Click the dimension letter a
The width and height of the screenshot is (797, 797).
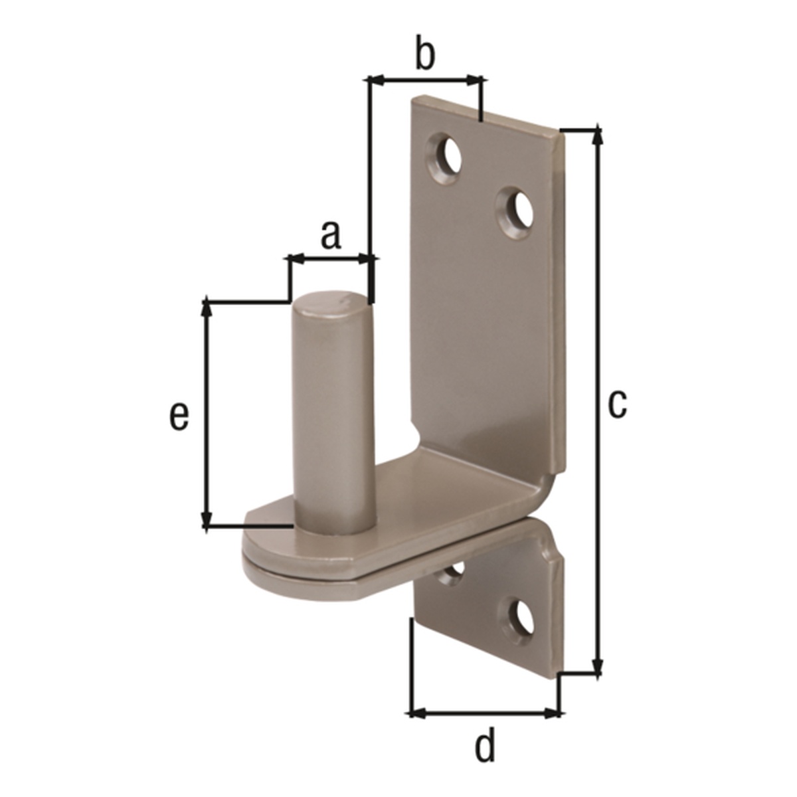click(330, 235)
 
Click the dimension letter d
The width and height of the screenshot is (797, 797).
click(486, 747)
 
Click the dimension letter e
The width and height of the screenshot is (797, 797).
click(178, 416)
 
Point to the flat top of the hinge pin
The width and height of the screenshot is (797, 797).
click(329, 303)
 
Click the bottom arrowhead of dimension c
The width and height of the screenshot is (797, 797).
click(598, 666)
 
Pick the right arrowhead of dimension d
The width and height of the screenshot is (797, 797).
click(551, 713)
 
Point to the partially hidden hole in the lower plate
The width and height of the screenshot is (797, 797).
click(454, 572)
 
